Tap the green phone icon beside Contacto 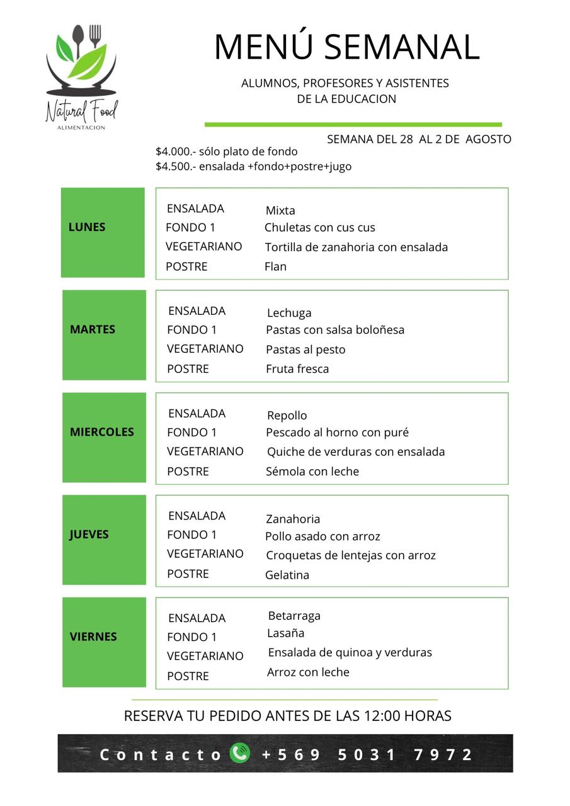point(240,753)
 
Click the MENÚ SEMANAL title point(346,47)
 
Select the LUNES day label point(87,227)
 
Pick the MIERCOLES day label point(102,432)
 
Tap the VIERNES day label point(93,637)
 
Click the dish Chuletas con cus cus point(319,227)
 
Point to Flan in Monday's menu point(275,266)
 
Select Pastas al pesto point(305,349)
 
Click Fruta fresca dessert point(297,369)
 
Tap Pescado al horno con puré point(337,433)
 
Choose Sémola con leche point(312,472)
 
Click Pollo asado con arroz point(322,536)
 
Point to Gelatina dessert point(287,575)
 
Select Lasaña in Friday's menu point(285,633)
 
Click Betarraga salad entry point(294,616)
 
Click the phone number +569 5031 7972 point(367,754)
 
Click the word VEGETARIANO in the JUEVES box point(205,553)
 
